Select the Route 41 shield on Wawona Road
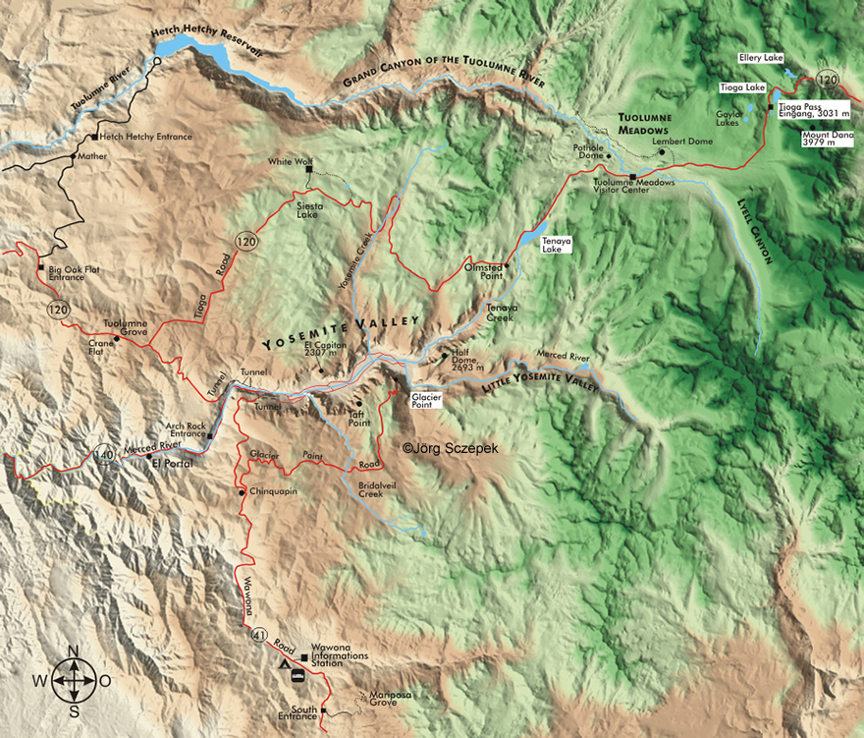[x=257, y=633]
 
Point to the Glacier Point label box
[x=427, y=398]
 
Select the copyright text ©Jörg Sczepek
[x=451, y=448]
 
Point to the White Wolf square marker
[x=309, y=170]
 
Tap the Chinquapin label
[x=273, y=491]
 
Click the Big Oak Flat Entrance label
[x=60, y=272]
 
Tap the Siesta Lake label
[x=311, y=212]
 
